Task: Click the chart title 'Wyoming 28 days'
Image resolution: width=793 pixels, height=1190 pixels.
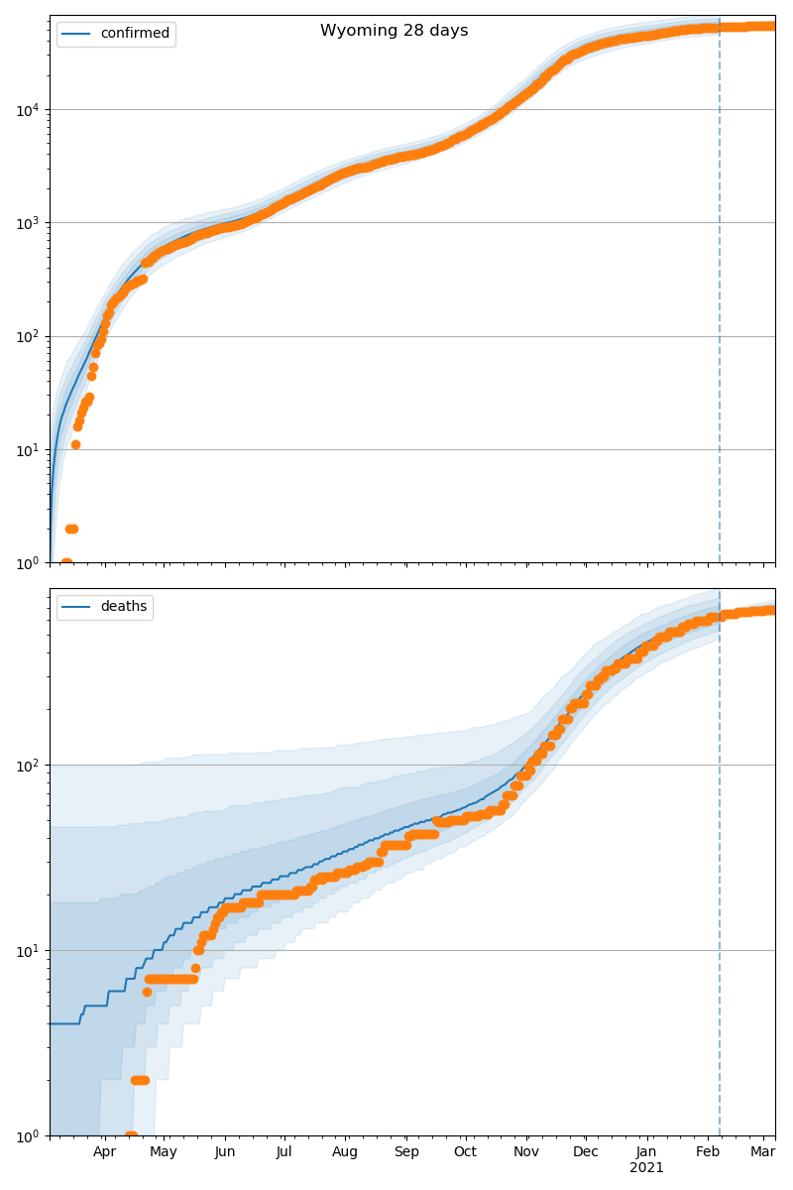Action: click(x=394, y=31)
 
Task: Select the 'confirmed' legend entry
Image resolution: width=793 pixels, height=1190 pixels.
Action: click(x=135, y=34)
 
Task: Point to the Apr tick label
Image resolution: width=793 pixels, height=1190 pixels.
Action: click(x=104, y=1151)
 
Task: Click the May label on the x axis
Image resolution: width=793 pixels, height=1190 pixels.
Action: click(x=164, y=1151)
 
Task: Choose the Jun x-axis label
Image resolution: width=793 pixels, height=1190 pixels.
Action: click(x=225, y=1151)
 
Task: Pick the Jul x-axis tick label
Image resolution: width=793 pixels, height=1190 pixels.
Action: click(x=283, y=1151)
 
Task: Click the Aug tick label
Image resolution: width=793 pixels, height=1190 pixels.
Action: click(x=345, y=1151)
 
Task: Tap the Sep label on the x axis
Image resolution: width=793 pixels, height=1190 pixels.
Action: click(x=406, y=1151)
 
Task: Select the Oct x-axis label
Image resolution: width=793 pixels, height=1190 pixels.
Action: click(x=465, y=1151)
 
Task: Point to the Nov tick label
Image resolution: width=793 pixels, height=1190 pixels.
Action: click(x=526, y=1151)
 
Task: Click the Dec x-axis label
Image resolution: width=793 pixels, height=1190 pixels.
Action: click(x=586, y=1151)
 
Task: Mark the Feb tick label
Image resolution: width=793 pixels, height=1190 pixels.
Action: click(x=708, y=1151)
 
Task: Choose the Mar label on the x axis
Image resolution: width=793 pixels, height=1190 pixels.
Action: click(x=762, y=1151)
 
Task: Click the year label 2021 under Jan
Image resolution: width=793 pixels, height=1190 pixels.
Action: click(x=646, y=1167)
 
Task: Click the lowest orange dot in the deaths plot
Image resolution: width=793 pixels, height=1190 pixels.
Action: click(x=131, y=1134)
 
